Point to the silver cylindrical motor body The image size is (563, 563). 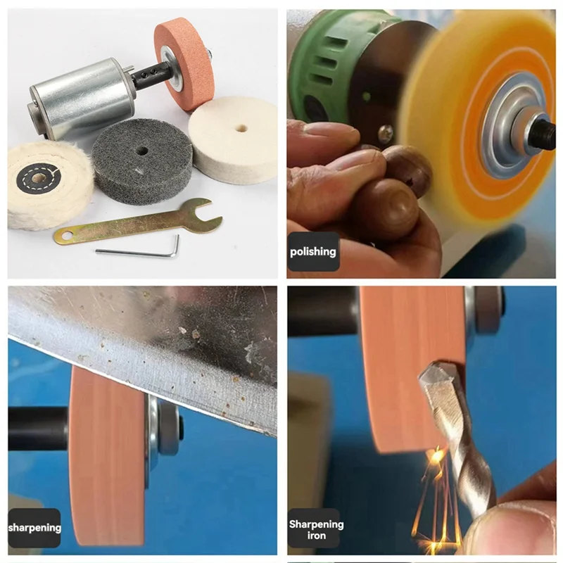coord(81,99)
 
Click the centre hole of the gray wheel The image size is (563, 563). coord(140,150)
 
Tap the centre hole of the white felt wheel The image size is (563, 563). coord(241,128)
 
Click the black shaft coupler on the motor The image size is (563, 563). coord(150,75)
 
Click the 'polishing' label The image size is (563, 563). coord(313,252)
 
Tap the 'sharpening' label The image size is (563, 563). coord(34,528)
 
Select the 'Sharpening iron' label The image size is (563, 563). coord(316,530)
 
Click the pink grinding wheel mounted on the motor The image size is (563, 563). coord(184,65)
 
